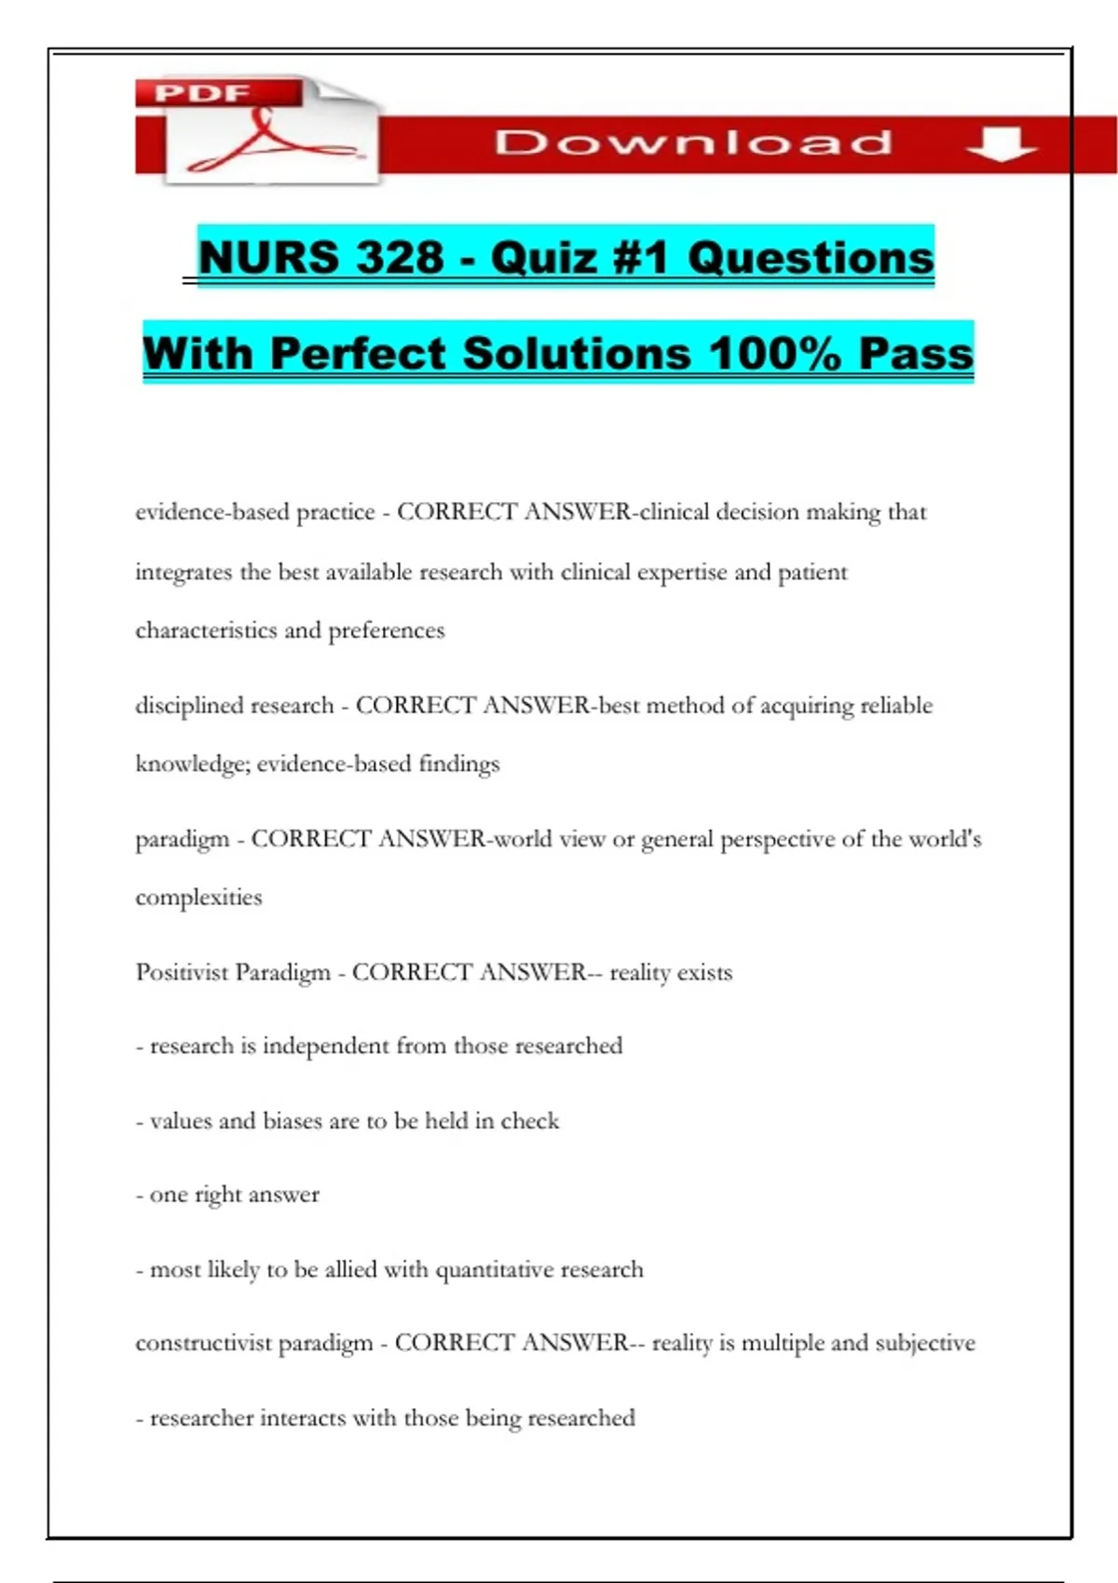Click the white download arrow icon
coord(1002,144)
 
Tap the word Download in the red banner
coord(693,142)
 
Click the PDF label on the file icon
coord(202,93)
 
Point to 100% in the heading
coord(775,353)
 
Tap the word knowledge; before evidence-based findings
coord(192,764)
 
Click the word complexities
coord(198,898)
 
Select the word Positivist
coord(182,972)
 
